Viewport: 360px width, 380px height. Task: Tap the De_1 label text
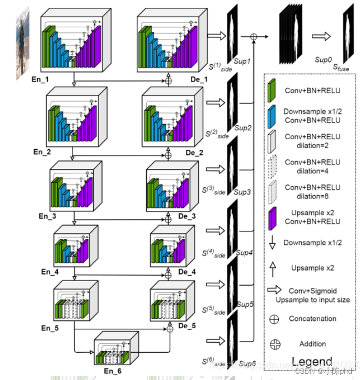click(x=199, y=79)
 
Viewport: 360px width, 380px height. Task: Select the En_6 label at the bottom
click(x=112, y=371)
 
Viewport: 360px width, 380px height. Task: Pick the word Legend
click(x=311, y=362)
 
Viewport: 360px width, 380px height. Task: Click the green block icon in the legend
click(x=272, y=90)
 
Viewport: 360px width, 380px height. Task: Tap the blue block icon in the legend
click(x=272, y=116)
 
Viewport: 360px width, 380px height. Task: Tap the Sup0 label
click(x=323, y=61)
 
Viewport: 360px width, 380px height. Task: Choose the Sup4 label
click(x=244, y=253)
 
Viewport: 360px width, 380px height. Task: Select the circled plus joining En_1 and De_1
click(x=169, y=81)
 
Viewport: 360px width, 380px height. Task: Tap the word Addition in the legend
click(x=312, y=344)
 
